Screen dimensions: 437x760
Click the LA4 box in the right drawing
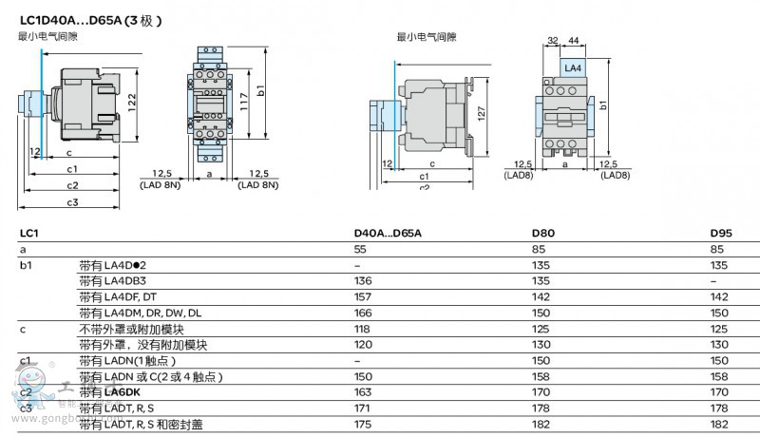point(573,68)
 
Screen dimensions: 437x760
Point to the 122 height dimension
point(134,99)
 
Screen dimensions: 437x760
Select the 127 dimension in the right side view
point(481,113)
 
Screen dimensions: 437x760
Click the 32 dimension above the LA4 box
point(552,40)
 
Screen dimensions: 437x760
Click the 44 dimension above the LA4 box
point(574,40)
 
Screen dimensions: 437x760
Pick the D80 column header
point(543,233)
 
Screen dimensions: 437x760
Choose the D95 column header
point(722,233)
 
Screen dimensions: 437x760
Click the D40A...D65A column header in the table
point(387,233)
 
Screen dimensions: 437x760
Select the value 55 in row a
point(360,249)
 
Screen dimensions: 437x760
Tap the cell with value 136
point(362,281)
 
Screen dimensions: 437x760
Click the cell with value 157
point(362,296)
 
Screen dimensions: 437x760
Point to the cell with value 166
point(362,313)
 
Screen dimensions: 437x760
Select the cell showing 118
point(362,329)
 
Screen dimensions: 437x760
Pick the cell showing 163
point(362,392)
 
